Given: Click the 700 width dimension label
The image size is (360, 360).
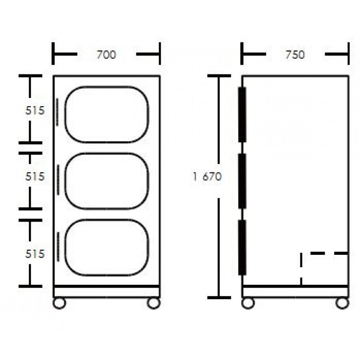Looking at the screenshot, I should coord(106,54).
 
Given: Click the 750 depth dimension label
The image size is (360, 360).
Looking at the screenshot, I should coord(295,54).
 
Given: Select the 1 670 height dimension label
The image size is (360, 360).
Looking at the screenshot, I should coord(207,176).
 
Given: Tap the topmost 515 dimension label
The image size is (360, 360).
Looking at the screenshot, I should coord(35,111).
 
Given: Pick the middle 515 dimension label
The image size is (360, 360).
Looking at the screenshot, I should coord(35,176).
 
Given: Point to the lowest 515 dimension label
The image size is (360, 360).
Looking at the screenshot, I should coord(35,254).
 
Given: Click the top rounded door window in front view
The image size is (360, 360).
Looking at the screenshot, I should coord(106,114).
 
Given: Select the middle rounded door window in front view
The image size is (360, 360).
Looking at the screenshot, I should coord(106,181).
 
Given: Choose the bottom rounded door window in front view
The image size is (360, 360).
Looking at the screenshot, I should coord(106,247).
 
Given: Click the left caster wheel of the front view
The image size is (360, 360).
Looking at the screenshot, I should coord(59,303).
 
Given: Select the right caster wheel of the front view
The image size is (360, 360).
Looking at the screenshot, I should coord(154,303).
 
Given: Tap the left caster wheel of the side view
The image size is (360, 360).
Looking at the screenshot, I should coord(248,303).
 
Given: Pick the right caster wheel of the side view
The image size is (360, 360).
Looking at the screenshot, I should coord(342,303).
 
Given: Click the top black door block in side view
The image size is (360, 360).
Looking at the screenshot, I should coord(242,114).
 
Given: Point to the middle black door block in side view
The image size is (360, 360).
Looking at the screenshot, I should coord(242,181).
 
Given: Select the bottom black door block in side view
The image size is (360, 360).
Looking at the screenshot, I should coord(242,247).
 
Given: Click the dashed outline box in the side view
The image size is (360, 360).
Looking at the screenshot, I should coord(324,269).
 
